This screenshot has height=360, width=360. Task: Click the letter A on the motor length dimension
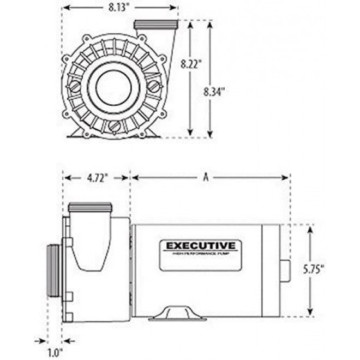click(206, 177)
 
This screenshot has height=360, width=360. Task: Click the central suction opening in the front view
click(115, 86)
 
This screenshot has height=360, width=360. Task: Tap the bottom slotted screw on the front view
click(114, 126)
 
